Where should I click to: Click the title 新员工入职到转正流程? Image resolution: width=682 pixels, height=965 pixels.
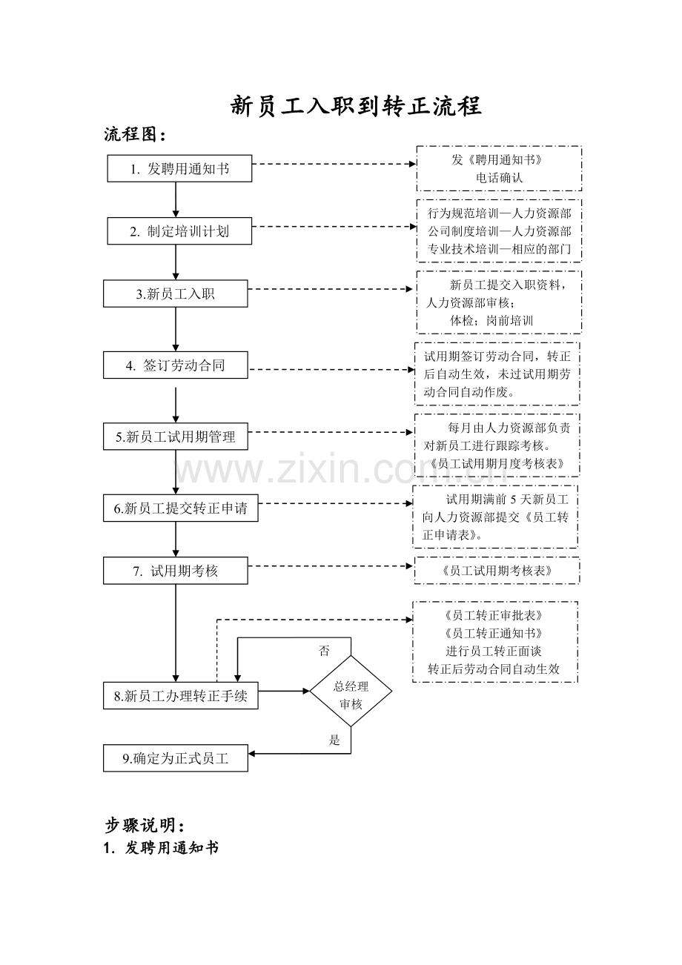[x=357, y=106]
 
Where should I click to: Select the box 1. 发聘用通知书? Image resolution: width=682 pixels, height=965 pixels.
[x=179, y=168]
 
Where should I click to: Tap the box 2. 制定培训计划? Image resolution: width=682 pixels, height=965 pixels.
[x=179, y=231]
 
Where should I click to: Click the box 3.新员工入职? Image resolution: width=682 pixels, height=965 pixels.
[x=176, y=294]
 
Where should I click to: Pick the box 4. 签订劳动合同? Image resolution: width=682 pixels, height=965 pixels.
[x=176, y=365]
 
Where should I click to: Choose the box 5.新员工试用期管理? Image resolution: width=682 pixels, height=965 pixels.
[x=176, y=437]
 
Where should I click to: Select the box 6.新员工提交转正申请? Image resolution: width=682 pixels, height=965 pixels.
[x=181, y=508]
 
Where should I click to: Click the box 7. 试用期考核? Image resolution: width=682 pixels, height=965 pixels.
[x=176, y=571]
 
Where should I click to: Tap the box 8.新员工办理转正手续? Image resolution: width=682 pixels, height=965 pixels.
[x=181, y=696]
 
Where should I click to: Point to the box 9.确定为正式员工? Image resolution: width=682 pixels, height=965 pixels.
[x=176, y=758]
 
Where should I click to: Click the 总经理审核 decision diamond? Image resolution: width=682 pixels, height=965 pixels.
[x=351, y=691]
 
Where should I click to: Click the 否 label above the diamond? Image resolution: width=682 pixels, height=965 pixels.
[x=324, y=651]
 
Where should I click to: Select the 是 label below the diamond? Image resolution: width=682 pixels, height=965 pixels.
[x=334, y=740]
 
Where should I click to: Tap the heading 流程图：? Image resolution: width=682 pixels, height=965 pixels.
[x=135, y=135]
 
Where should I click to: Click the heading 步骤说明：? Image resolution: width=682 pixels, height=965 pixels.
[x=145, y=826]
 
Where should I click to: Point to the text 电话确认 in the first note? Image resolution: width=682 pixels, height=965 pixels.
[x=499, y=177]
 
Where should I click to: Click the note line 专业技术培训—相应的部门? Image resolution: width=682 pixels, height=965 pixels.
[x=499, y=249]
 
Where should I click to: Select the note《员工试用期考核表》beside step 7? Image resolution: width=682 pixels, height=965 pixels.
[x=497, y=571]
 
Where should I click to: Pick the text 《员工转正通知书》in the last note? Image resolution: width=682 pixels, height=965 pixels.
[x=494, y=633]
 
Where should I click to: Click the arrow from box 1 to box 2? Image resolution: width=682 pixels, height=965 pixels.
[x=176, y=199]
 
